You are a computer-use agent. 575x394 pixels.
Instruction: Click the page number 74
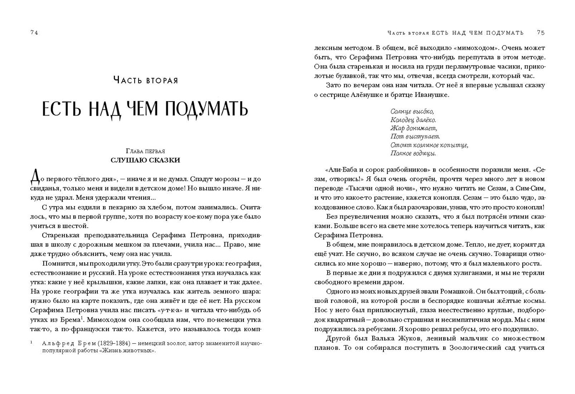[34, 33]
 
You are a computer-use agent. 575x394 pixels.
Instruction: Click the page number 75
[540, 33]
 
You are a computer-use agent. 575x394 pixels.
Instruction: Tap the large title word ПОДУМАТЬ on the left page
[207, 109]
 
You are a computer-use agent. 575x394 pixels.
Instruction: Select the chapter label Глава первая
[145, 151]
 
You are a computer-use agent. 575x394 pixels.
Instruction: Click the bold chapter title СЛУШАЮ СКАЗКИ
[145, 160]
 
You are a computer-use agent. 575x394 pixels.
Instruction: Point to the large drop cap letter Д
[35, 178]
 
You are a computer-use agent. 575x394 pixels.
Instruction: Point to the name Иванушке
[429, 95]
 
